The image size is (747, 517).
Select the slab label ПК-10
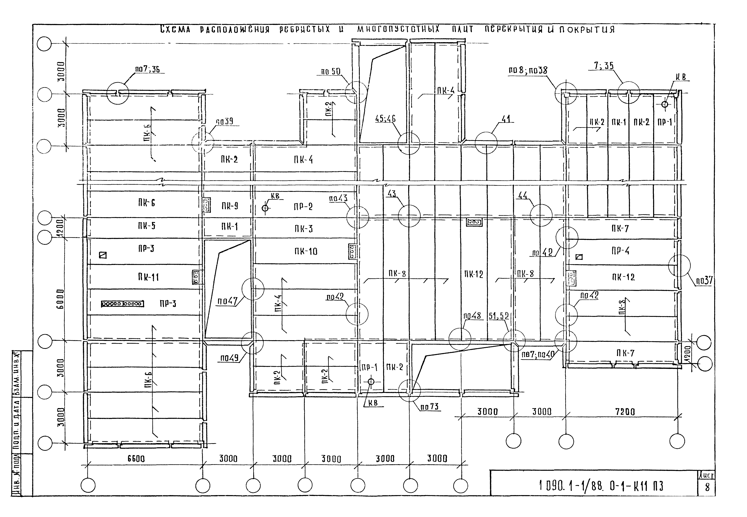click(306, 251)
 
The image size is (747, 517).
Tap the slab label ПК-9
click(230, 206)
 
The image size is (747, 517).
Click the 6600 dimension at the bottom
click(136, 459)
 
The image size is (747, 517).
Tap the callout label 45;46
click(385, 119)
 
